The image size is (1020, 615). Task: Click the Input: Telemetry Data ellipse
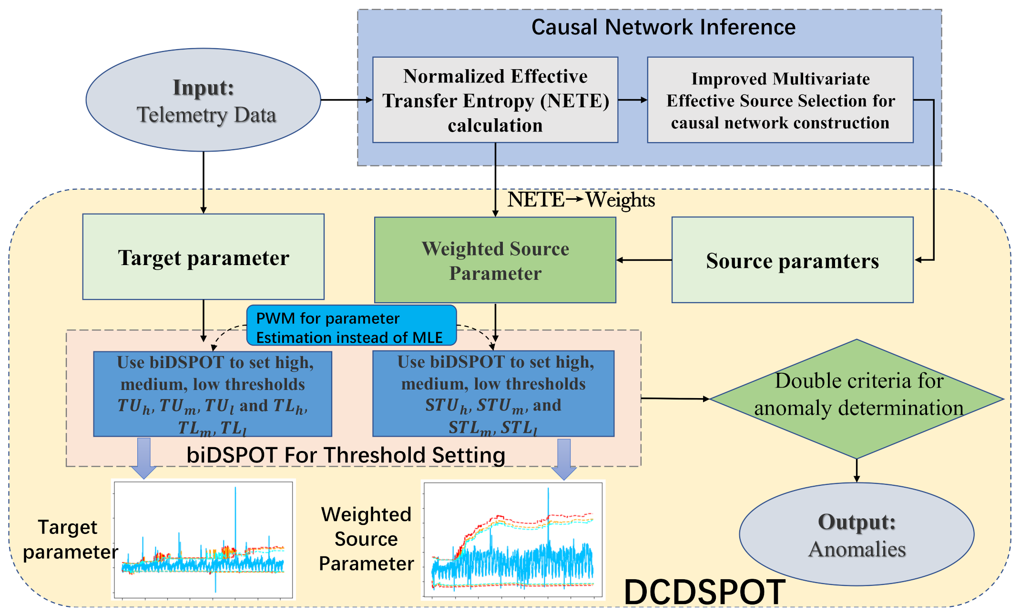click(204, 100)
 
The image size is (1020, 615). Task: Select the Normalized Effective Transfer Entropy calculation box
click(495, 100)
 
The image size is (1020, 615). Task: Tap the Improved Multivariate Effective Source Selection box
click(780, 100)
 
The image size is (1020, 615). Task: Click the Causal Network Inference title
click(663, 27)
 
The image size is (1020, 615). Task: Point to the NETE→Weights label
click(581, 200)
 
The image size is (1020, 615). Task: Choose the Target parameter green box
click(204, 257)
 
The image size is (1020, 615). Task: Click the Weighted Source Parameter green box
click(495, 260)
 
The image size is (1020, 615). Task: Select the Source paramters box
click(792, 260)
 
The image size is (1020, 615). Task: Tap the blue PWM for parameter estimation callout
click(351, 327)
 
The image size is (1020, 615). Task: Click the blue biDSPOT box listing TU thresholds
click(213, 394)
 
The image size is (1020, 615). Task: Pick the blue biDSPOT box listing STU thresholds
click(493, 394)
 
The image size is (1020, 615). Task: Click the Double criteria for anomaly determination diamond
click(857, 399)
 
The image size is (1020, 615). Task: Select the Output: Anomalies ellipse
click(857, 534)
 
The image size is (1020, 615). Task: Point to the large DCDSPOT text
click(704, 592)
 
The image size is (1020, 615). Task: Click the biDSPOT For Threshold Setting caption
click(346, 455)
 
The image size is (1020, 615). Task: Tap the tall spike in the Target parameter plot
click(235, 515)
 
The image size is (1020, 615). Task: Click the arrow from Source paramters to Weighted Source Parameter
click(644, 260)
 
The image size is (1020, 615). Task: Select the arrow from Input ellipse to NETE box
click(347, 100)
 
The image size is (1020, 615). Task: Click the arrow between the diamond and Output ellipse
click(857, 471)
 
